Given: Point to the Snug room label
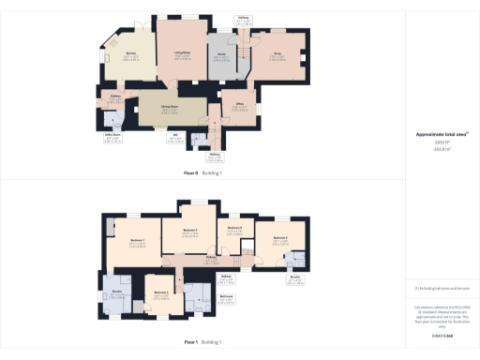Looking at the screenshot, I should pyautogui.click(x=277, y=55).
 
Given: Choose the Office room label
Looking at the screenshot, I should pyautogui.click(x=239, y=105).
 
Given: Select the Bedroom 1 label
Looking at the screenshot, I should pyautogui.click(x=136, y=242).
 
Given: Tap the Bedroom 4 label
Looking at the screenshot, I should pyautogui.click(x=159, y=292).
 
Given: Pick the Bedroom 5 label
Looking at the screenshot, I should pyautogui.click(x=235, y=229).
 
